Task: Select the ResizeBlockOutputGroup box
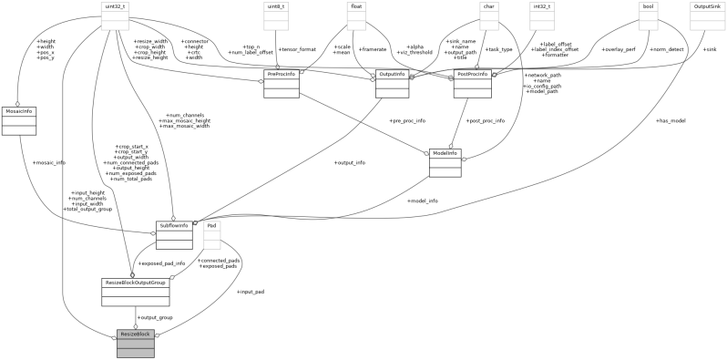click(x=135, y=292)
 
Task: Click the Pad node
click(x=211, y=235)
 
